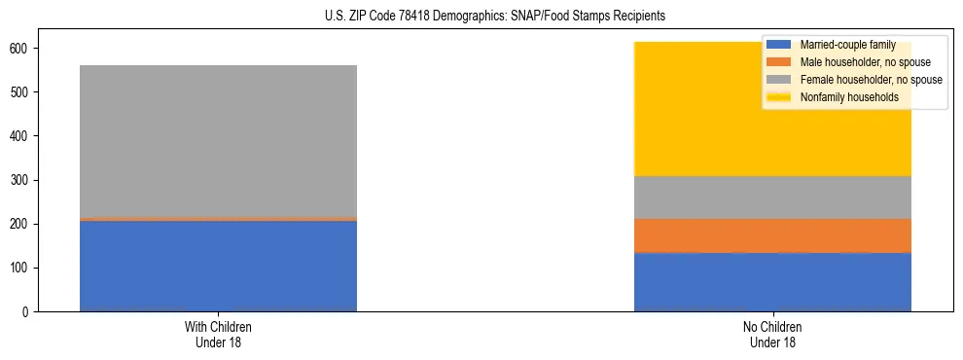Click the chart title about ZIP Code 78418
(481, 17)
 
